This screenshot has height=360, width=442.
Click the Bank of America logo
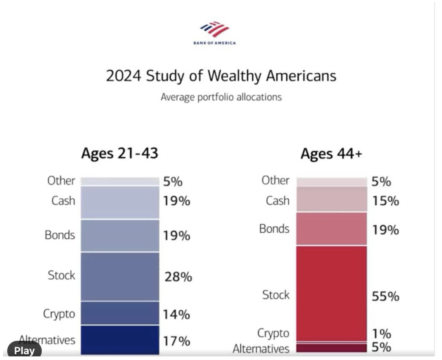(214, 32)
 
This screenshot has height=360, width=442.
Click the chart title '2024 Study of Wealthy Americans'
(221, 76)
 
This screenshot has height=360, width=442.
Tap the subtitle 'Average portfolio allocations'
(221, 97)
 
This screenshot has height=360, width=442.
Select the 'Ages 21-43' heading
(119, 154)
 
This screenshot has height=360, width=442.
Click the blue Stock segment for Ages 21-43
(120, 276)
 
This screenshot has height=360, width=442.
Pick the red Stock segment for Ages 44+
(331, 293)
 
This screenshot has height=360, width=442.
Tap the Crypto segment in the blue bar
(120, 313)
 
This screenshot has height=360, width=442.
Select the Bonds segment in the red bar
(331, 229)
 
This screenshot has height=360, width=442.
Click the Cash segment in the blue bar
(120, 202)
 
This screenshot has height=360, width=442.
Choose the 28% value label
(178, 277)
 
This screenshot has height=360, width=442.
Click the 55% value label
(385, 296)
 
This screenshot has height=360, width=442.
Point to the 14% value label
(176, 314)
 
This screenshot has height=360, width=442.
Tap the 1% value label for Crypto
(381, 334)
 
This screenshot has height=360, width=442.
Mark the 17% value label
(176, 341)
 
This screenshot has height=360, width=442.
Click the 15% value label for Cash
(385, 201)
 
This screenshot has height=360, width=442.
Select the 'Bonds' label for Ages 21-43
(60, 235)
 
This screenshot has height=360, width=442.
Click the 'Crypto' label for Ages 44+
(273, 333)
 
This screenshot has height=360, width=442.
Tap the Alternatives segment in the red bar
(331, 348)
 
